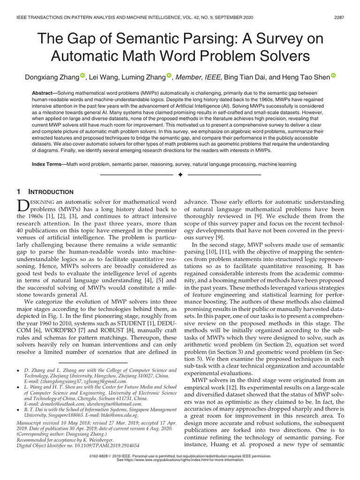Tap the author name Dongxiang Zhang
click(53, 76)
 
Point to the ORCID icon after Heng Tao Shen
click(334, 75)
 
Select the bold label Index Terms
click(48, 165)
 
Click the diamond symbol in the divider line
click(180, 175)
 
